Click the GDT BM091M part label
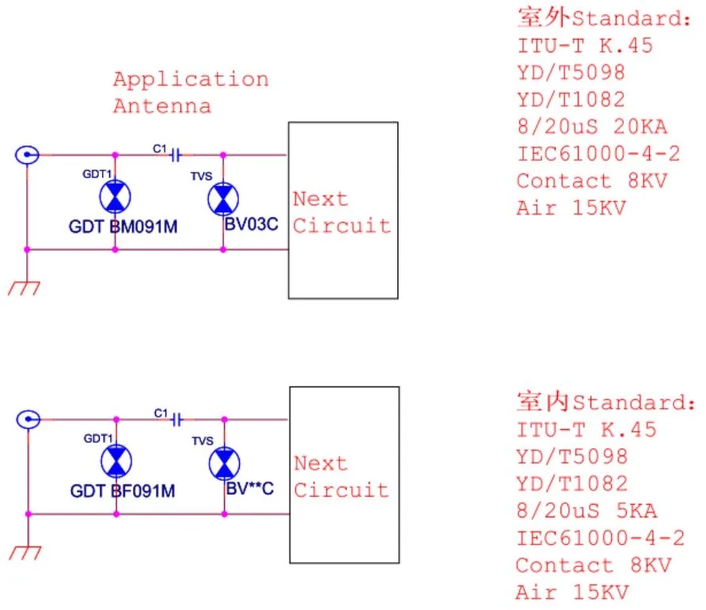(x=123, y=227)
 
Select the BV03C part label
(x=251, y=224)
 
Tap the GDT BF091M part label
(x=123, y=491)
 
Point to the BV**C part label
(x=250, y=489)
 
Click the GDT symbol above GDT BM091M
(x=116, y=196)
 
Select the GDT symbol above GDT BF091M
(x=116, y=461)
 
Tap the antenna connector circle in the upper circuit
(x=28, y=154)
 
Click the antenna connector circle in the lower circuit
(x=28, y=419)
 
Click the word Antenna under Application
(x=161, y=106)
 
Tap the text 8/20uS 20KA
(x=592, y=127)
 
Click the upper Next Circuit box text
(x=342, y=212)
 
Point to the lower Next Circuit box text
(x=342, y=477)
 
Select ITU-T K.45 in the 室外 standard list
(x=585, y=45)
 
